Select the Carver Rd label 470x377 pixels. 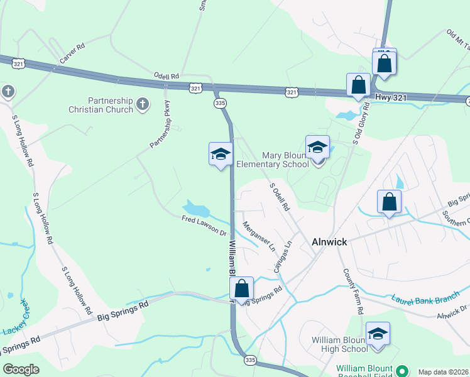pyautogui.click(x=72, y=54)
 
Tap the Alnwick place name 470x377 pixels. pyautogui.click(x=330, y=241)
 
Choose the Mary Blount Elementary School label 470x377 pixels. pyautogui.click(x=285, y=160)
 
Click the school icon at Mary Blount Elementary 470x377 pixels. pyautogui.click(x=317, y=148)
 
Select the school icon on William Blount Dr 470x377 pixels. pyautogui.click(x=221, y=154)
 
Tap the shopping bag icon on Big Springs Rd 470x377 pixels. pyautogui.click(x=242, y=289)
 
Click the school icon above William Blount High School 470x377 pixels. pyautogui.click(x=378, y=334)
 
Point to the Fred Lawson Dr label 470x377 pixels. pyautogui.click(x=204, y=226)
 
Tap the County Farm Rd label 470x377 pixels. pyautogui.click(x=353, y=292)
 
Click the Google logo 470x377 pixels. pyautogui.click(x=21, y=369)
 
